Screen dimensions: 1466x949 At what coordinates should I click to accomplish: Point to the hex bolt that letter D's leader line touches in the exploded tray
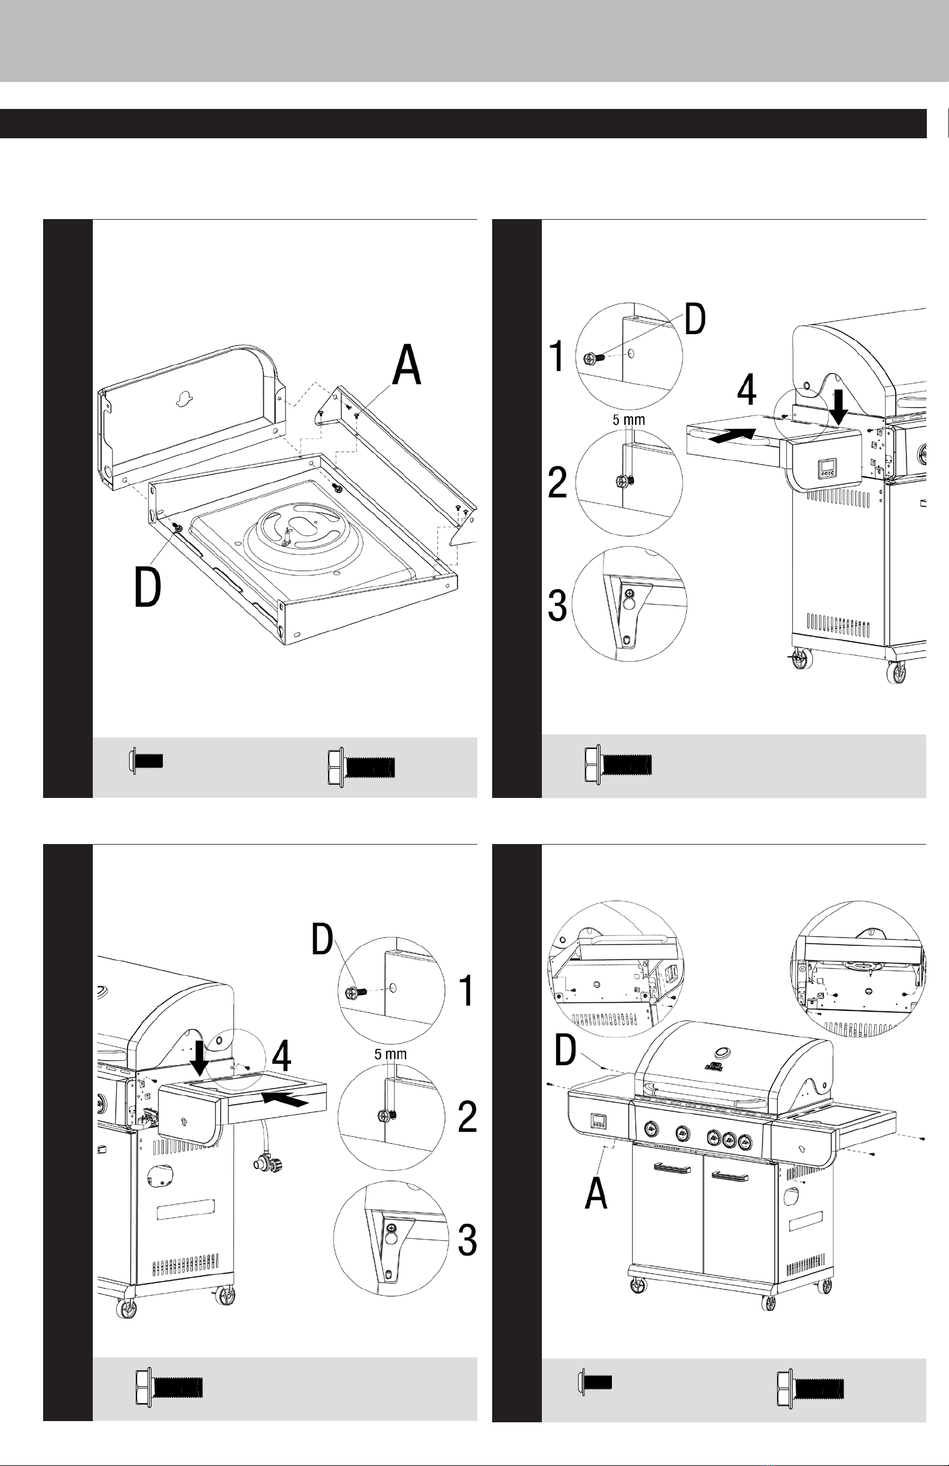click(178, 527)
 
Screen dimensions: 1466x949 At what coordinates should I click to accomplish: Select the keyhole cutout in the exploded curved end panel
click(183, 400)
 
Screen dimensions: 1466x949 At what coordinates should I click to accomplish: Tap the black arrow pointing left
click(283, 1099)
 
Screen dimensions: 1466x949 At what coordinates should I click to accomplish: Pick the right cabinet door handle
click(729, 1176)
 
